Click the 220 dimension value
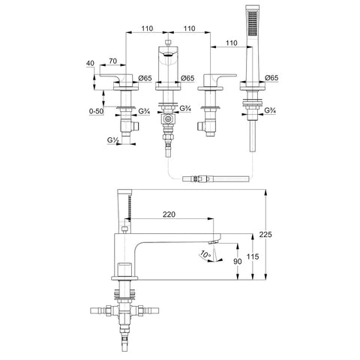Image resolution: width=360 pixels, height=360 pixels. tap(169, 214)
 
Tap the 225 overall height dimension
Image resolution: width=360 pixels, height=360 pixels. tap(265, 235)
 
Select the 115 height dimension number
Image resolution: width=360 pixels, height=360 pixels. tap(253, 256)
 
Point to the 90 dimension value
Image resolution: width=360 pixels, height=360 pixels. tap(238, 261)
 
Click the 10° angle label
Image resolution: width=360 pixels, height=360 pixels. tap(205, 254)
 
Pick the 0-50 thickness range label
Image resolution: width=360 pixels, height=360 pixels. tap(96, 111)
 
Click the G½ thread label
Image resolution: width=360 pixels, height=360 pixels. tap(112, 140)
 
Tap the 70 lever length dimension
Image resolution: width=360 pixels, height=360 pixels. tap(113, 61)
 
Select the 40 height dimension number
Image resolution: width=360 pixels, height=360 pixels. tap(90, 63)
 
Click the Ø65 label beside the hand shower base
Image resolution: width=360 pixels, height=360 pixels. tap(271, 78)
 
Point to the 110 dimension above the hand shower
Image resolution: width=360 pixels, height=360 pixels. tap(231, 43)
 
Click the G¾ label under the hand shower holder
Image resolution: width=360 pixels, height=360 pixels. tap(270, 110)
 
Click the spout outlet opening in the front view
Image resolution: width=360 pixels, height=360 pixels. tap(168, 55)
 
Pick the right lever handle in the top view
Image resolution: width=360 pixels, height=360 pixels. tap(220, 79)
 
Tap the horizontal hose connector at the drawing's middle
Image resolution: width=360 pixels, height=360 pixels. tap(216, 179)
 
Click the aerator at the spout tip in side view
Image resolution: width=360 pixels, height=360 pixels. tap(213, 241)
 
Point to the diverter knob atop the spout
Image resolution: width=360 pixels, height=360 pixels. tap(168, 42)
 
